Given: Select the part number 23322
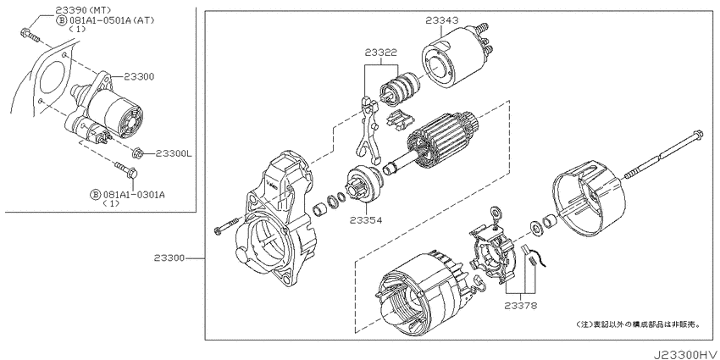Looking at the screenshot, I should click(x=380, y=53).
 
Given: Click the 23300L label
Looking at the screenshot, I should click(x=174, y=153).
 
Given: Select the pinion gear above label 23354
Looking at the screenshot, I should click(x=363, y=187).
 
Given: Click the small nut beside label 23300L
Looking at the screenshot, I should click(x=140, y=152).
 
